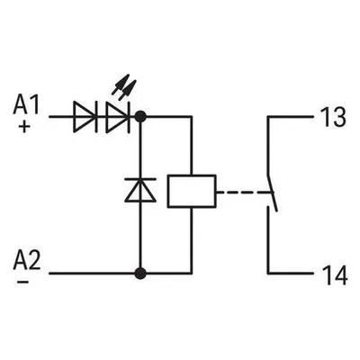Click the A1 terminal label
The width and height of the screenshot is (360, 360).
coord(26,105)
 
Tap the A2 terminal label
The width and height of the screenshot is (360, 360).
coord(26,260)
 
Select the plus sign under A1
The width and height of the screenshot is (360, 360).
coord(24,127)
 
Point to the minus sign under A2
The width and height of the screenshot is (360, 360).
coord(23,282)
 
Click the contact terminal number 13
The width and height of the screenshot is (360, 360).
coord(333,117)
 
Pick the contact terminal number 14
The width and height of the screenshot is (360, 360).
coord(334,274)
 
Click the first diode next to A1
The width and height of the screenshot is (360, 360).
coord(85,117)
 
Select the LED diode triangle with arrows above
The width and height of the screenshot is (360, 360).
coord(118,117)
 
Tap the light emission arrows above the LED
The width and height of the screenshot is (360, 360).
coord(124,87)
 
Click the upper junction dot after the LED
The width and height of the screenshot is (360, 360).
coord(140,116)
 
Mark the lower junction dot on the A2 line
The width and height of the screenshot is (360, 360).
coord(140,274)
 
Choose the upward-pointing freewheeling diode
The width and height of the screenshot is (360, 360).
coord(140,190)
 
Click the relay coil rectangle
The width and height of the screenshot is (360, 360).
coord(192,191)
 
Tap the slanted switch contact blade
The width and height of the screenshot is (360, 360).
coord(272,193)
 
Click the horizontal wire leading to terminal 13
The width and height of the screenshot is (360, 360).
coord(291,116)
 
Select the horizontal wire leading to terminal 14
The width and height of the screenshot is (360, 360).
coord(291,274)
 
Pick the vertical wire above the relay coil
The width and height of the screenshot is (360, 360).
coord(191,145)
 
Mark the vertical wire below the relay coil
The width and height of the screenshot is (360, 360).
coord(191,240)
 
